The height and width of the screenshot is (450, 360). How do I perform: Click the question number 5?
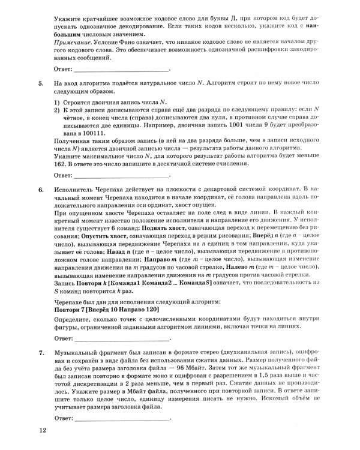coord(41,84)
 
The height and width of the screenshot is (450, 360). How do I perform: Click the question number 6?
coord(41,189)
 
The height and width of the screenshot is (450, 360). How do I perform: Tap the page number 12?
coord(40,430)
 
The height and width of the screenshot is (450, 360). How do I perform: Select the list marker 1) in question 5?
coord(58,103)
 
